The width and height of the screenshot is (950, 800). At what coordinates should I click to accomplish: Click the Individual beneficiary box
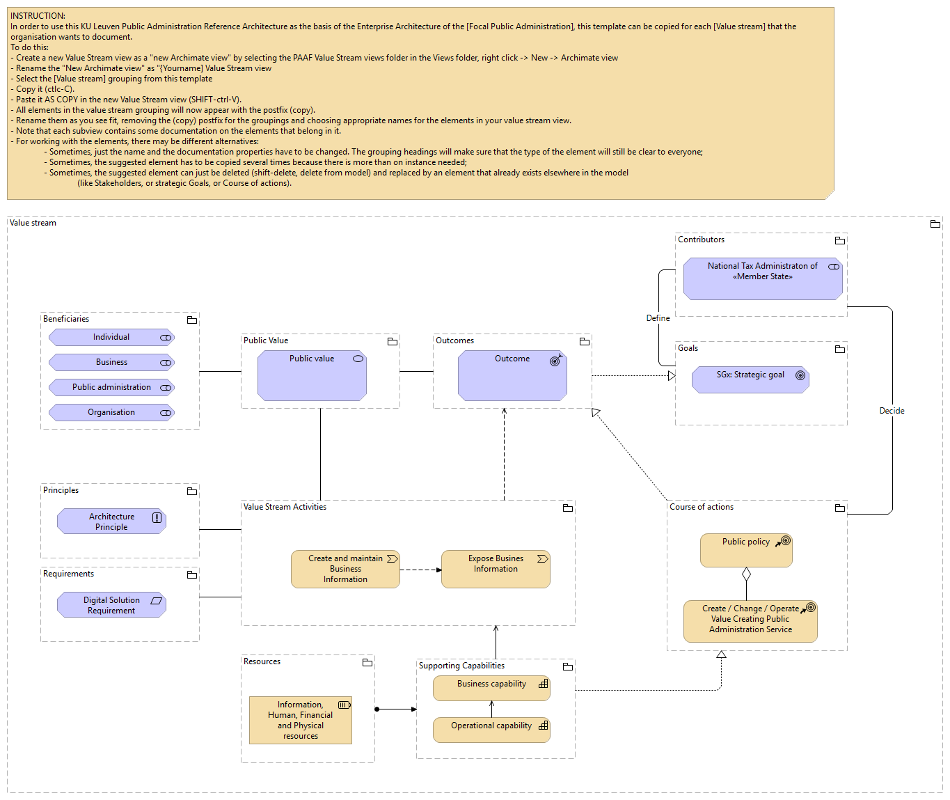point(111,338)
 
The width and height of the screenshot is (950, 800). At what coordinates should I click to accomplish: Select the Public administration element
point(111,388)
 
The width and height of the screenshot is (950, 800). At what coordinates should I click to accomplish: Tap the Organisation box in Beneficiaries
point(111,413)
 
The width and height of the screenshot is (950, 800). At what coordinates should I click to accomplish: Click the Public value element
point(312,375)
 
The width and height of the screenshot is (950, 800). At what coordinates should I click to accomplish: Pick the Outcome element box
point(512,375)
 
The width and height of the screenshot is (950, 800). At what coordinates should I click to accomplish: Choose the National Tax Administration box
point(763,279)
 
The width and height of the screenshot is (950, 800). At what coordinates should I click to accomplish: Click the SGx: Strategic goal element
point(750,379)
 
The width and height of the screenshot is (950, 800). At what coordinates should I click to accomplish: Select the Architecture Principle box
point(111,521)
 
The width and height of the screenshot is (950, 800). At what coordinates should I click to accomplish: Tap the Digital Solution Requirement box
point(111,605)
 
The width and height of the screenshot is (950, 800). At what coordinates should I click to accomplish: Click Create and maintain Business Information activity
point(345,569)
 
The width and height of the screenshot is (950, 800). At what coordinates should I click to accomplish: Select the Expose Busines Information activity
point(496,569)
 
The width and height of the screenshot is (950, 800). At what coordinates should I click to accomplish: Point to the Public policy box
point(746,550)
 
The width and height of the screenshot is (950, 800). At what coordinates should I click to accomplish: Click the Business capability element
point(491,688)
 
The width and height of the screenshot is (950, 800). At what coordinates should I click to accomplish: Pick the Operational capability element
point(491,730)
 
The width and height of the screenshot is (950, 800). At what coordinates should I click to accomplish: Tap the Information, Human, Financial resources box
point(301,720)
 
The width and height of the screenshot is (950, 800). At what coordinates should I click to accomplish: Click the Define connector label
point(658,318)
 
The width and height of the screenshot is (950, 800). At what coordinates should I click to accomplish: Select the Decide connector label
point(892,411)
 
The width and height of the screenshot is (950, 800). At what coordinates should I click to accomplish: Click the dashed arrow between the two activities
point(420,570)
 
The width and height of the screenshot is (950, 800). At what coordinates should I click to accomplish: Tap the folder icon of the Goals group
point(840,349)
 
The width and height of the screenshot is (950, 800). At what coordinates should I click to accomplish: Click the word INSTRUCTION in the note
point(38,15)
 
